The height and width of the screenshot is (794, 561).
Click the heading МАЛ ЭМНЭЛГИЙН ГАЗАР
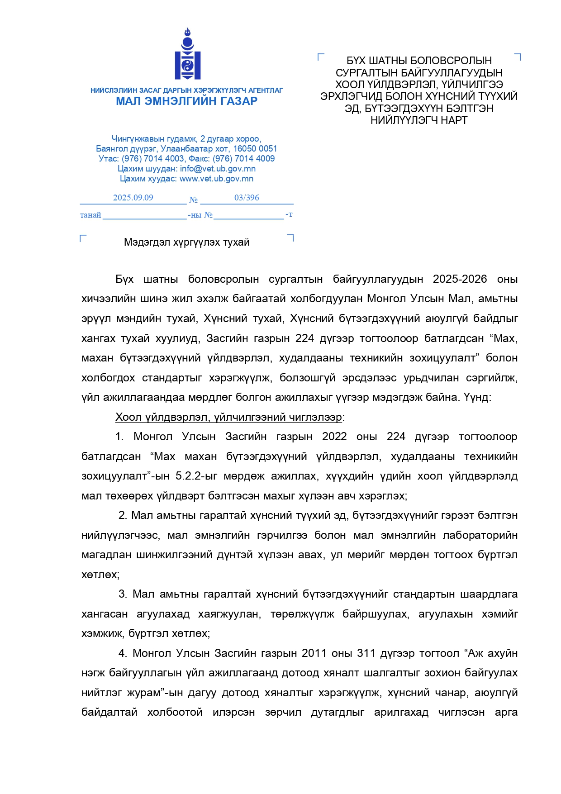[x=186, y=101]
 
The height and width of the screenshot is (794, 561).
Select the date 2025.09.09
[x=133, y=198]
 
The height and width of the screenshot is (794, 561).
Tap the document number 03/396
[x=247, y=198]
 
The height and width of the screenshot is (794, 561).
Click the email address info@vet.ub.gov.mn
[x=218, y=169]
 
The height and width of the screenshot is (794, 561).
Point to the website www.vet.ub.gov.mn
[x=216, y=179]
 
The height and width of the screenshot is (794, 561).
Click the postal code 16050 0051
[x=255, y=149]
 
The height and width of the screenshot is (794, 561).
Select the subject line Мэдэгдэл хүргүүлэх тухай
[x=186, y=242]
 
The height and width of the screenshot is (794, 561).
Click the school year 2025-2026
[x=460, y=279]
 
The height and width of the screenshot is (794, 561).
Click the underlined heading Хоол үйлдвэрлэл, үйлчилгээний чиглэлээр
[x=229, y=417]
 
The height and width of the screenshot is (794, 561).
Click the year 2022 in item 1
[x=334, y=437]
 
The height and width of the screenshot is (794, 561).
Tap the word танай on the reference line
[x=90, y=215]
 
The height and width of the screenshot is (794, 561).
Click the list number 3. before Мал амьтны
[x=123, y=594]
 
